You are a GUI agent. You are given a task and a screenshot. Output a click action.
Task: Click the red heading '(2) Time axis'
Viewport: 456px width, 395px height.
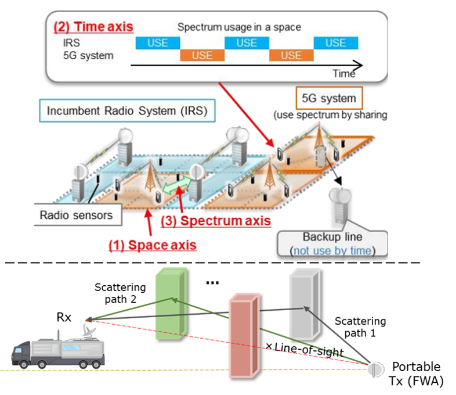(93, 27)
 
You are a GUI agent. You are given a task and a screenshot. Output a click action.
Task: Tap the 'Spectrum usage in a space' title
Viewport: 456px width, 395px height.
(239, 27)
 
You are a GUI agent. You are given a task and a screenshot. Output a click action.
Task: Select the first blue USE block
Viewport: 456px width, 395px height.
(158, 43)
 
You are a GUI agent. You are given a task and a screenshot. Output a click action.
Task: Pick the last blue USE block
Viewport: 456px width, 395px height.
(335, 43)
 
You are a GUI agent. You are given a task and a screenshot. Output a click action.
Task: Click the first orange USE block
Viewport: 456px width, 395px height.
(202, 55)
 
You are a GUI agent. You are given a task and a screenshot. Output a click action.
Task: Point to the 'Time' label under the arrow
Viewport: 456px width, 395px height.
(344, 74)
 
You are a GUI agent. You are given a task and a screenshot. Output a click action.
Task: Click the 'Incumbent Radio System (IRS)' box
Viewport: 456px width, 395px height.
(127, 110)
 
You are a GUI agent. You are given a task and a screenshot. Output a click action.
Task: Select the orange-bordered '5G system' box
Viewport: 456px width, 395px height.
(329, 98)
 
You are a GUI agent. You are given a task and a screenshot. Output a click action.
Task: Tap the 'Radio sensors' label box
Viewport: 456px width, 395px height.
(78, 215)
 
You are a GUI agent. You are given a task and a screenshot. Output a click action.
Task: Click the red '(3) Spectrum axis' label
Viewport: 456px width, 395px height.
(216, 221)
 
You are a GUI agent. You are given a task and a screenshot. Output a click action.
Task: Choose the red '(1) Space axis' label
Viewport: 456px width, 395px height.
(153, 245)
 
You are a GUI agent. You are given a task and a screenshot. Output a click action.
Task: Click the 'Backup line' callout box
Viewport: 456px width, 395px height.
(332, 244)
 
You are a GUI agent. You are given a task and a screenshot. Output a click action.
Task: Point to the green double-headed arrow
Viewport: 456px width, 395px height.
(176, 186)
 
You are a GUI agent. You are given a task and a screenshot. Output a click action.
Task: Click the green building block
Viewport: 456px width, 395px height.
(171, 304)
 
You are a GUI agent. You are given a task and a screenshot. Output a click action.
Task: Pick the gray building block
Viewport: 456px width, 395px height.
(305, 304)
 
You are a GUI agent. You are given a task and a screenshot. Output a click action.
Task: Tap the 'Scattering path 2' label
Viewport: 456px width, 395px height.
(120, 293)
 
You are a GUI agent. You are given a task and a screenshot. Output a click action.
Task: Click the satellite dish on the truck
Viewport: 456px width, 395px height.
(89, 331)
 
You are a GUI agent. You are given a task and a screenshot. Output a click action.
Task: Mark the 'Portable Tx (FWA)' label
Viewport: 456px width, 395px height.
(416, 374)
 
